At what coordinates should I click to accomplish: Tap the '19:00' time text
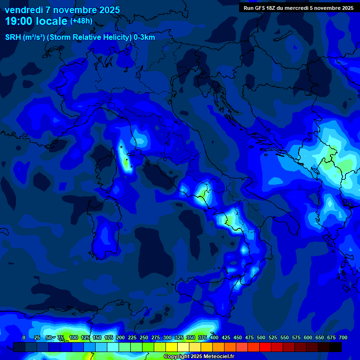18,21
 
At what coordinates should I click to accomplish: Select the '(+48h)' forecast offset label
81,21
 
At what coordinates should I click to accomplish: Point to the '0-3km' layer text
144,37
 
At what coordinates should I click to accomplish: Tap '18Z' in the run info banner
274,8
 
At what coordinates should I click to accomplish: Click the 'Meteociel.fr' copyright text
215,357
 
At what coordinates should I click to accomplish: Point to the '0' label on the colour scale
24,337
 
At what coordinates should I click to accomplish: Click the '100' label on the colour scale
73,337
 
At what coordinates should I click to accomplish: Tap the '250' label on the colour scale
143,337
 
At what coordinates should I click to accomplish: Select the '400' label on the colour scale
214,337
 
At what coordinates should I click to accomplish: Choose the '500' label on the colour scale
261,337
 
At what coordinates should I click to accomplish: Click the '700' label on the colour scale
343,337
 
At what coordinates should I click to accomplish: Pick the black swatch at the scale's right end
336,347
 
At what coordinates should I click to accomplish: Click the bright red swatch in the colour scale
265,347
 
